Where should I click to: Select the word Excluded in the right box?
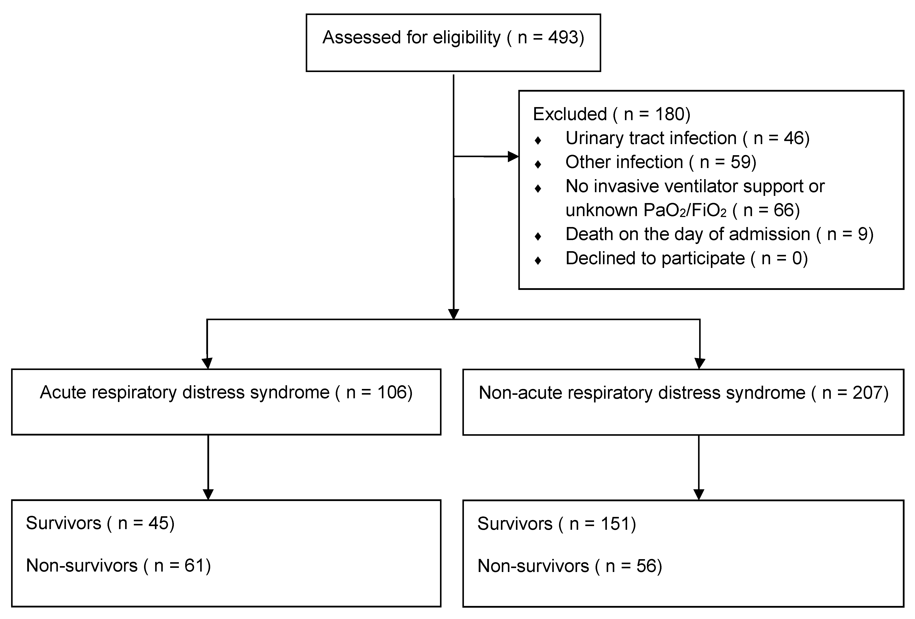coord(569,114)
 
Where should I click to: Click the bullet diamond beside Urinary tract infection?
coord(538,140)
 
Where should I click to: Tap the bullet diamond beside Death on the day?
coord(538,236)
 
